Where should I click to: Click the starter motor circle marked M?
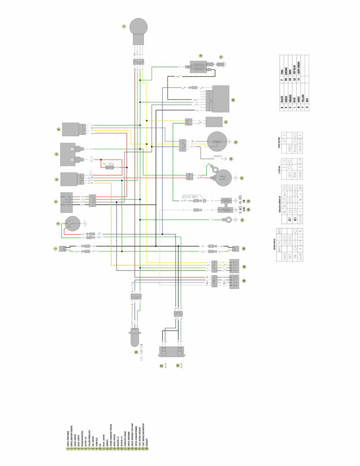pos(223,178)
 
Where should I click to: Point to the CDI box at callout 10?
pos(218,99)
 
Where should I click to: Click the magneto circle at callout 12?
pos(217,142)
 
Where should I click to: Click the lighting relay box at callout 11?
pos(214,122)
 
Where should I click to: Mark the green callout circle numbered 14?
pos(241,178)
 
